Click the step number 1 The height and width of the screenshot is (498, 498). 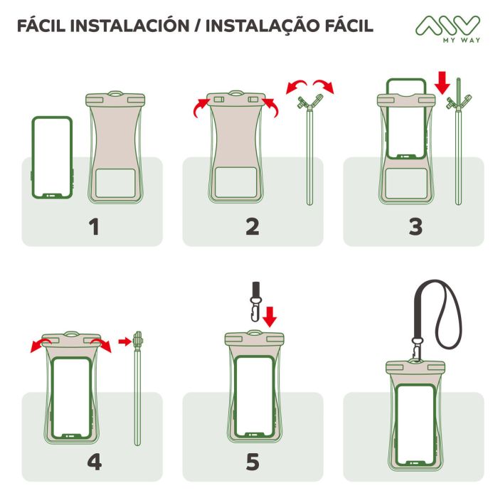(x=92, y=227)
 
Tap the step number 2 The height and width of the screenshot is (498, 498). (x=253, y=227)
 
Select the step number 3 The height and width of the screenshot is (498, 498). (x=415, y=227)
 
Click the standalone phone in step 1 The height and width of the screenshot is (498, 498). (x=53, y=157)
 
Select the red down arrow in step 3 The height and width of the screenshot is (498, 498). (x=442, y=83)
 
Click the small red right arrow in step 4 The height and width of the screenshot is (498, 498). (x=123, y=342)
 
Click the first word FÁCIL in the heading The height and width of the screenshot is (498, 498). (x=43, y=26)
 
